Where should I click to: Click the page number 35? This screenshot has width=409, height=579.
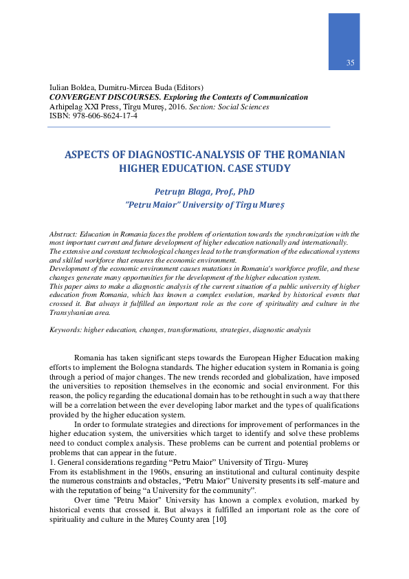pyautogui.click(x=350, y=63)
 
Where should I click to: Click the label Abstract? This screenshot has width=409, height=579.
pyautogui.click(x=67, y=234)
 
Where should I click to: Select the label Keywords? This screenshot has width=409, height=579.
pyautogui.click(x=66, y=330)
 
